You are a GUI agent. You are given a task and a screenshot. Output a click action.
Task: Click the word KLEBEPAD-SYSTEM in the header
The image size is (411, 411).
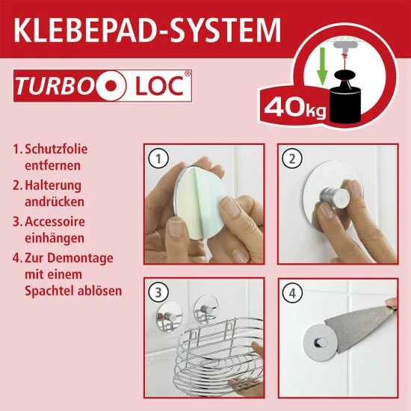147,30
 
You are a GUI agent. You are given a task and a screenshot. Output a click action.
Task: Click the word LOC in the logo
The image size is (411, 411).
159,86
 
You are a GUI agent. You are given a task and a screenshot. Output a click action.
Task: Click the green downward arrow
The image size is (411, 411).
322,67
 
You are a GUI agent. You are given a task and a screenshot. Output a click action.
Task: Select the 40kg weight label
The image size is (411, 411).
295,108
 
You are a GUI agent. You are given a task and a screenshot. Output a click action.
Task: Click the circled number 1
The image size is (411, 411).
158,158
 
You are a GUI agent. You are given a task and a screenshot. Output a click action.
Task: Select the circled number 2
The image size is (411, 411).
292,158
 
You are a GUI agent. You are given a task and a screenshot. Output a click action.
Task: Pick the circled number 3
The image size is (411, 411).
158,293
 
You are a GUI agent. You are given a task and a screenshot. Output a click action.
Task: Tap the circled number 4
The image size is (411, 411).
292,293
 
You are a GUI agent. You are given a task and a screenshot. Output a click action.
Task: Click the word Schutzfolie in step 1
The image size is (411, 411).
56,149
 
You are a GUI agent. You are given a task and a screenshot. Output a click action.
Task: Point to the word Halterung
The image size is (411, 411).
53,185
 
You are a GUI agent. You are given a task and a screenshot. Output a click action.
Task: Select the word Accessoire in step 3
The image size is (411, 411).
55,221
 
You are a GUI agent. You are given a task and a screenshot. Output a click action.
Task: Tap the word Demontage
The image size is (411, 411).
80,258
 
